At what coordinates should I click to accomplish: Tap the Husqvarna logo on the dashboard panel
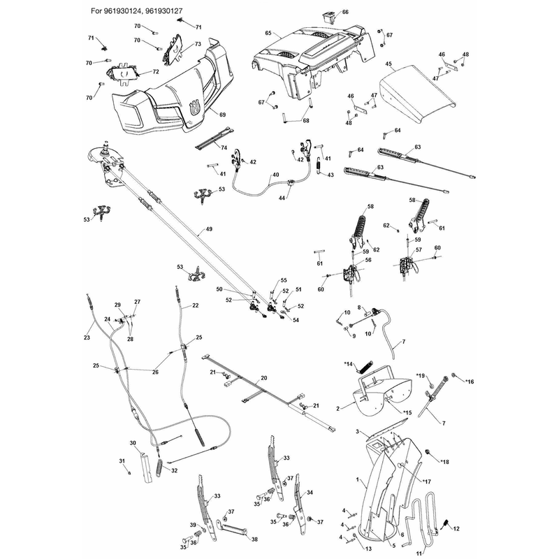(194, 108)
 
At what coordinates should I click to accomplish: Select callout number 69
(222, 115)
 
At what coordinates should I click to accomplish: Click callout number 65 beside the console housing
(268, 33)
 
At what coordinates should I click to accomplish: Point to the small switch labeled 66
(328, 17)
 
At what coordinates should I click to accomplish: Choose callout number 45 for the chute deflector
(389, 64)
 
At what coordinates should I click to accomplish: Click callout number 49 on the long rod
(209, 229)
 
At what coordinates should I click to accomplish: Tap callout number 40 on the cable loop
(275, 175)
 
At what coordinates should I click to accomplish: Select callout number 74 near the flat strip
(224, 147)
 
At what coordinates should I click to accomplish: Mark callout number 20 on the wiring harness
(264, 378)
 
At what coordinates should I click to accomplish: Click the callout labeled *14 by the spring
(348, 364)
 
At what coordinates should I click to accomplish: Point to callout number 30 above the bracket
(133, 443)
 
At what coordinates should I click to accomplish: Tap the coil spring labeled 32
(159, 467)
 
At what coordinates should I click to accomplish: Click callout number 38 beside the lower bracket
(254, 539)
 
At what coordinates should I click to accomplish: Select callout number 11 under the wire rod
(419, 553)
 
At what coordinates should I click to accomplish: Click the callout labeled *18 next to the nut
(444, 462)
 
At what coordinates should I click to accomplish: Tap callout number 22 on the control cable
(196, 305)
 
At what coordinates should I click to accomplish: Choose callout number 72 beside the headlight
(155, 72)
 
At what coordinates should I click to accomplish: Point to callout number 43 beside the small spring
(331, 175)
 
